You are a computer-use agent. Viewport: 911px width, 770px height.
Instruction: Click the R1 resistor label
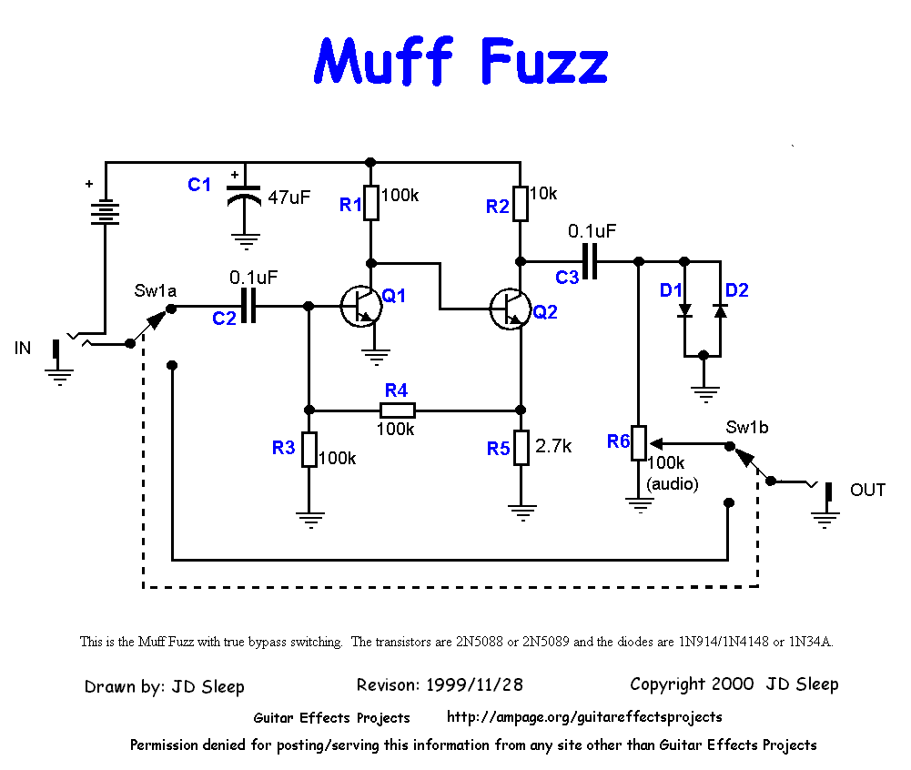click(x=350, y=205)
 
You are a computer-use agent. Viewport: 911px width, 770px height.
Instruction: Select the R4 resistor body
click(x=397, y=410)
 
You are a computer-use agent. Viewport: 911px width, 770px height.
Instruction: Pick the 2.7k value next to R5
click(x=553, y=447)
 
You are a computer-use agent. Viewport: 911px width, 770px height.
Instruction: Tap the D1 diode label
click(x=671, y=291)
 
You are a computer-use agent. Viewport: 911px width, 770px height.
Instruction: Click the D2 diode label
click(x=736, y=291)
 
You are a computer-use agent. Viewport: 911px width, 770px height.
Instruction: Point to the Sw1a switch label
click(x=155, y=290)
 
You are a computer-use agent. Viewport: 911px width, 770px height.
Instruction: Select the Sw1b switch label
click(x=747, y=427)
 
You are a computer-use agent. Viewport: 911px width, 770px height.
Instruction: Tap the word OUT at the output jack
click(x=867, y=491)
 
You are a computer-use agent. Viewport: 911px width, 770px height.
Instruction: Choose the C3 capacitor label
click(x=567, y=278)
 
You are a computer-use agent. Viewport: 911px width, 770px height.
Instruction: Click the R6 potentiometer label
click(x=619, y=441)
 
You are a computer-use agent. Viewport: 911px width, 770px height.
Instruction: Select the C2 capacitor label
click(x=224, y=318)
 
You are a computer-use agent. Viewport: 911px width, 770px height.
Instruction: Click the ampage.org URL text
click(x=584, y=717)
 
